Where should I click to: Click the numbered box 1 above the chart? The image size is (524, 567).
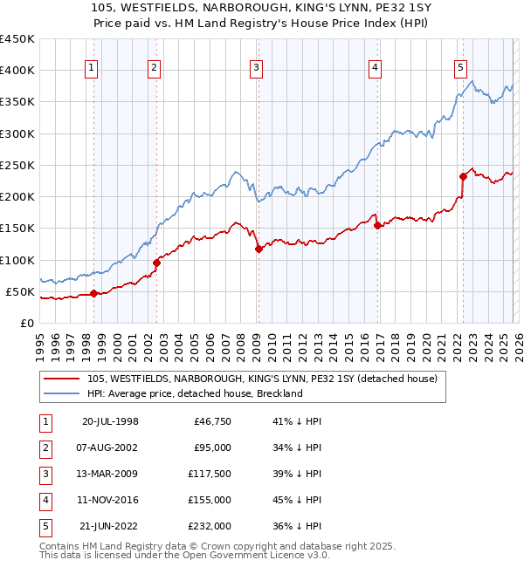93,71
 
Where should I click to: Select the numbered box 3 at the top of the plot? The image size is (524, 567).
256,71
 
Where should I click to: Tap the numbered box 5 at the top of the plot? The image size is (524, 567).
460,71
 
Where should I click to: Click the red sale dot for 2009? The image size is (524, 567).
259,249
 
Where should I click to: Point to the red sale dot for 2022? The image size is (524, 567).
464,176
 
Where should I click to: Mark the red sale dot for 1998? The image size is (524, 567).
93,293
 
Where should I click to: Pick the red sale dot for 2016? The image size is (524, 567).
377,225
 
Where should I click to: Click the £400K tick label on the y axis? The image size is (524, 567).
17,71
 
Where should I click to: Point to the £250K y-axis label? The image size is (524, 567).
17,165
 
